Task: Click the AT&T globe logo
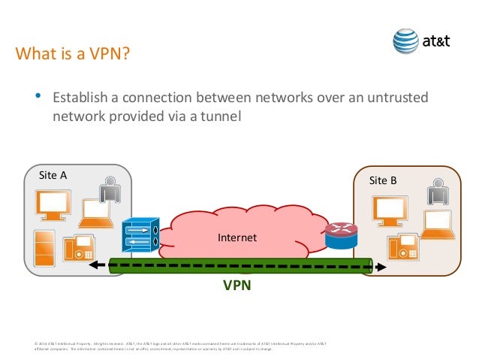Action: (x=406, y=41)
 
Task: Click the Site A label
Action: (x=53, y=175)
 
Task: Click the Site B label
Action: (x=384, y=180)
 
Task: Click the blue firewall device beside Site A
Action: (x=140, y=235)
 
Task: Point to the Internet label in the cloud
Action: (x=236, y=237)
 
